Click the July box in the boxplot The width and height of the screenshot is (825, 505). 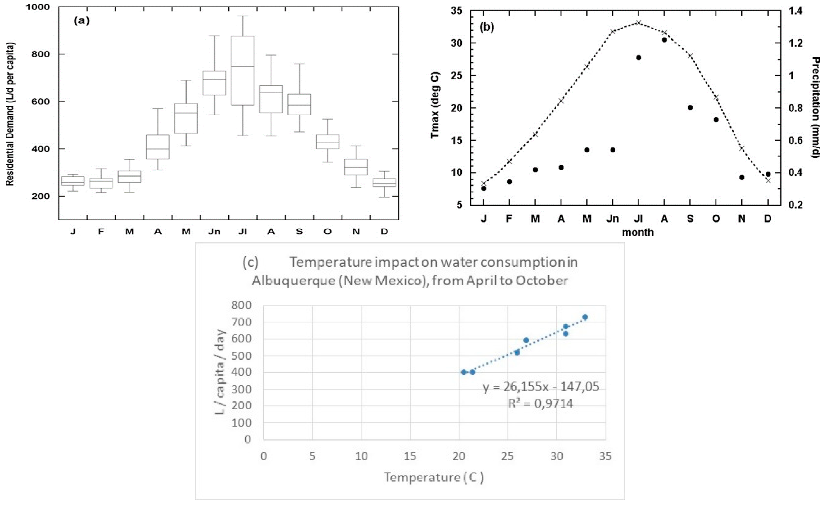pos(242,70)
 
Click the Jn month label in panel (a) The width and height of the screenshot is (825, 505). pos(214,232)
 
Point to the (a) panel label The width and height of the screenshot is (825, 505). pos(82,21)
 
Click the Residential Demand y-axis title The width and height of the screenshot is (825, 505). pos(10,114)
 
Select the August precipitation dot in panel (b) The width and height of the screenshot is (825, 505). pos(664,40)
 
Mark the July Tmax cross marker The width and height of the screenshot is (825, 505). pos(638,23)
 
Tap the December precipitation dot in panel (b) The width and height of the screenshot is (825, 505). pos(768,174)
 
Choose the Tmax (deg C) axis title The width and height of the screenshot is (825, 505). pos(435,105)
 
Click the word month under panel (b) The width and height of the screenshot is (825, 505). pos(638,232)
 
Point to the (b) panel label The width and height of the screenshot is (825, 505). pos(487,27)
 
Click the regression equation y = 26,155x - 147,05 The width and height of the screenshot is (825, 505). pos(540,387)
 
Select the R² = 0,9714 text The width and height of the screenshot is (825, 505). pos(540,404)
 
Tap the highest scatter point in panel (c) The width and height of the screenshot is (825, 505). pos(585,317)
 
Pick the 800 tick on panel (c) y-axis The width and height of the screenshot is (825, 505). pos(242,305)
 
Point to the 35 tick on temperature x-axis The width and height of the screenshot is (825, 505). pos(605,456)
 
